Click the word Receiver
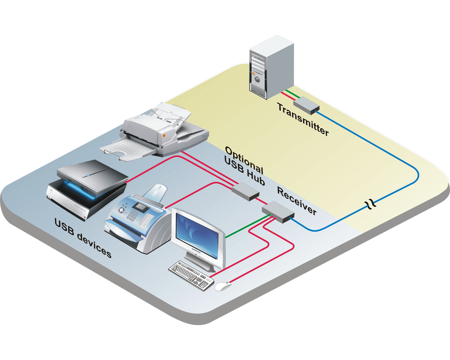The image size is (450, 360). [297, 201]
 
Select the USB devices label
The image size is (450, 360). [83, 238]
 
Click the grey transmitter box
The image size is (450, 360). [306, 105]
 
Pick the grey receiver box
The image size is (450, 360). [278, 212]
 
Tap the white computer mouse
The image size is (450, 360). [223, 286]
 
